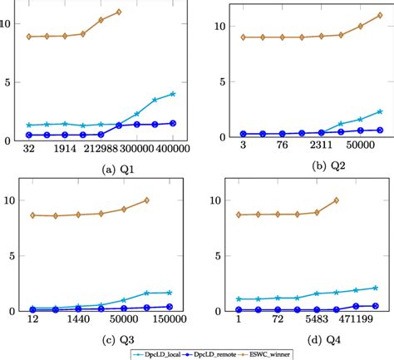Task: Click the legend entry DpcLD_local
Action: click(163, 353)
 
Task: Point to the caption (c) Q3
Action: click(99, 340)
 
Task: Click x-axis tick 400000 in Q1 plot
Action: click(173, 148)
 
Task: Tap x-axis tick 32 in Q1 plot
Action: click(29, 148)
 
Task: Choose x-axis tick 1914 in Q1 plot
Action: click(65, 148)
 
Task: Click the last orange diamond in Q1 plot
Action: click(119, 12)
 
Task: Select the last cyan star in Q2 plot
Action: click(379, 111)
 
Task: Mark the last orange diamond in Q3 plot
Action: click(146, 200)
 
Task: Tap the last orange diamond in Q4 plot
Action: click(337, 200)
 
